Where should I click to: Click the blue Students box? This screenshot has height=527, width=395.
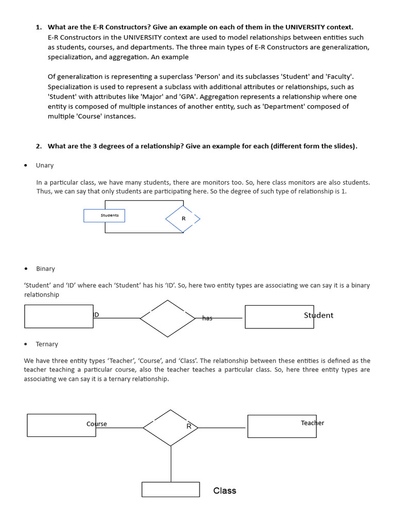click(x=104, y=216)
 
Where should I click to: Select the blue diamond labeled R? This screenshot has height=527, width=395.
click(x=183, y=219)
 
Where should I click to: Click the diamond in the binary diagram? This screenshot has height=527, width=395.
click(x=168, y=319)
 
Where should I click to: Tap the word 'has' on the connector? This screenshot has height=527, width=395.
click(x=207, y=318)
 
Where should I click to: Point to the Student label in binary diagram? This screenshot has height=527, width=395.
click(x=318, y=315)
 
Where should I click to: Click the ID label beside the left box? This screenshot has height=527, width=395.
click(x=96, y=314)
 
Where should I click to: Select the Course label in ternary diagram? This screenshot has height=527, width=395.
click(x=97, y=424)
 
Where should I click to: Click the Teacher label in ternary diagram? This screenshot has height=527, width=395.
click(x=312, y=423)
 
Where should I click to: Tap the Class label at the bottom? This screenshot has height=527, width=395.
click(x=225, y=490)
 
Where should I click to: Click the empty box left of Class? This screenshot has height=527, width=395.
click(x=170, y=489)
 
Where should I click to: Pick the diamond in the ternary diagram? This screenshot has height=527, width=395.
click(x=171, y=428)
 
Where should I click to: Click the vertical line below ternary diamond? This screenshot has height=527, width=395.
click(x=171, y=463)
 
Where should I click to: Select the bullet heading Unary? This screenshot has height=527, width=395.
click(x=45, y=165)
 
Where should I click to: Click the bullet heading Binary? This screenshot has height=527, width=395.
click(x=45, y=269)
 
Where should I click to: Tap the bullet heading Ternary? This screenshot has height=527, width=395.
click(x=47, y=344)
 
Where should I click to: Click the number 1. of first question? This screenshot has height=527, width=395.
click(x=39, y=27)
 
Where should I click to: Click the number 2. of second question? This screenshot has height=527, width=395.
click(x=39, y=146)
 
